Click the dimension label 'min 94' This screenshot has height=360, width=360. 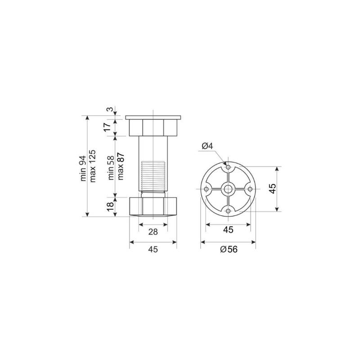83,168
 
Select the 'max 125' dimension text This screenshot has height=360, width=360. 93,166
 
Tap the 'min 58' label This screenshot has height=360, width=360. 111,167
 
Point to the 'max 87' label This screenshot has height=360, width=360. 120,166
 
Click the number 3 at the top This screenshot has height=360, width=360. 110,109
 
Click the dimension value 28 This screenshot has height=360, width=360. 153,232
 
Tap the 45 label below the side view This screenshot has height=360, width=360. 153,249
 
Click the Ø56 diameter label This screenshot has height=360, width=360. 229,249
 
